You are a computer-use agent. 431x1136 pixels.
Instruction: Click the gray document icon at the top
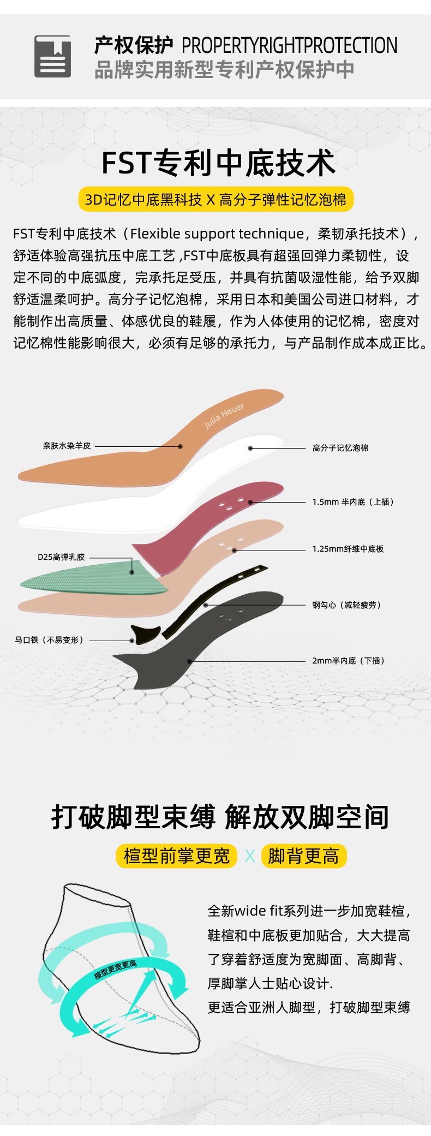(x=52, y=56)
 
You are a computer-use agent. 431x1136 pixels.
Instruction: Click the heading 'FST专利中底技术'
(x=218, y=163)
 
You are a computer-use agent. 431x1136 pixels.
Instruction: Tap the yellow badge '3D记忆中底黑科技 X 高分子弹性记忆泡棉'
(x=216, y=200)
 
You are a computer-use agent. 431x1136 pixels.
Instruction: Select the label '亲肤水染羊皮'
(x=67, y=446)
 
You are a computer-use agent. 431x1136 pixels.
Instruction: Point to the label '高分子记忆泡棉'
(x=340, y=448)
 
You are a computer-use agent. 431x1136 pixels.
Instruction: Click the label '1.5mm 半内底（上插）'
(x=353, y=502)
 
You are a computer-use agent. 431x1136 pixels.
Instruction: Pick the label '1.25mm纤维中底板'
(x=348, y=549)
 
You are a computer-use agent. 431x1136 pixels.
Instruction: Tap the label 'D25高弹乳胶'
(x=61, y=557)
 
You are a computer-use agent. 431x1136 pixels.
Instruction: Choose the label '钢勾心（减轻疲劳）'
(x=346, y=605)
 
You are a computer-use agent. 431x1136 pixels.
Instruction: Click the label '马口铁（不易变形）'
(x=49, y=640)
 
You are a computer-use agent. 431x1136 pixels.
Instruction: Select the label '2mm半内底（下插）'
(x=349, y=661)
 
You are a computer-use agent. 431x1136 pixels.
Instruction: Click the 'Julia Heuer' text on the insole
(x=224, y=416)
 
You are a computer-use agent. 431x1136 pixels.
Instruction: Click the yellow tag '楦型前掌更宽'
(x=177, y=856)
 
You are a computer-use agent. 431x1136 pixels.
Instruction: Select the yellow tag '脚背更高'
(x=304, y=856)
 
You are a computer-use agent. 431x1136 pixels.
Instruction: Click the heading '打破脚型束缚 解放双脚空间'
(x=220, y=817)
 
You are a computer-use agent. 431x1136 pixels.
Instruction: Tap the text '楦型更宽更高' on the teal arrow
(x=115, y=970)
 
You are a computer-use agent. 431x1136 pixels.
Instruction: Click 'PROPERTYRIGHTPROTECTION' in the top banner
(x=289, y=45)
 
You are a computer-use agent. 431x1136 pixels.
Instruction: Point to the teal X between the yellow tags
(x=250, y=856)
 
